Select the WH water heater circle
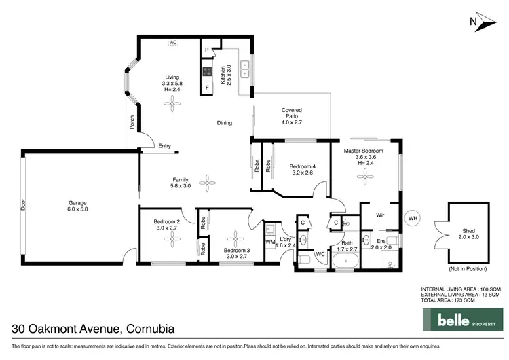point(412,219)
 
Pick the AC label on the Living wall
point(173,43)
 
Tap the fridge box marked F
point(207,87)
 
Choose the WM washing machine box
point(270,242)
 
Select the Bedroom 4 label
point(302,170)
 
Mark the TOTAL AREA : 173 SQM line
point(460,300)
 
